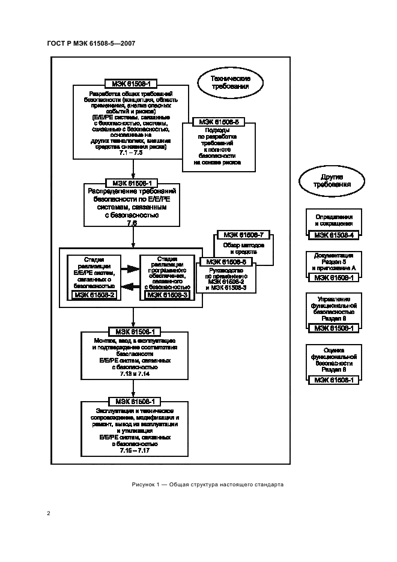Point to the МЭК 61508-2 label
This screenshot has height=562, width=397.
pyautogui.click(x=93, y=294)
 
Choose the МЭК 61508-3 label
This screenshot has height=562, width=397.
pyautogui.click(x=166, y=294)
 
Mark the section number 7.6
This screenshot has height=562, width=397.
pyautogui.click(x=132, y=223)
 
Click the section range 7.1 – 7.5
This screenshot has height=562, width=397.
pyautogui.click(x=131, y=154)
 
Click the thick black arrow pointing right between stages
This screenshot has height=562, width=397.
pyautogui.click(x=129, y=269)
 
